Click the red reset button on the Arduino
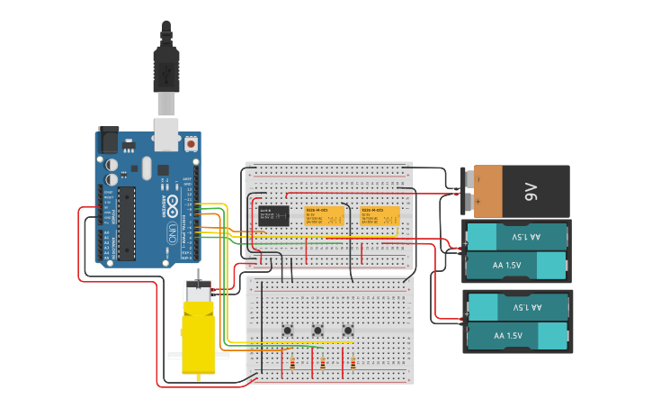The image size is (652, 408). (x=191, y=142)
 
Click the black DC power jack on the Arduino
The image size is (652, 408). (x=109, y=140)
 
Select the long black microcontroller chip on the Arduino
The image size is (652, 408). (x=128, y=221)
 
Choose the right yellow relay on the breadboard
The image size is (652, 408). (x=380, y=216)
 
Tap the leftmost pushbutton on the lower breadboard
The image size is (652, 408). (x=288, y=331)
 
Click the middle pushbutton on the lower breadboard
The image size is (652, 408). (x=317, y=331)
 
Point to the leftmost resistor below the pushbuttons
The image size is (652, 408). (x=292, y=363)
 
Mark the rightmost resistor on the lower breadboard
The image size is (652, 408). (x=353, y=363)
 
